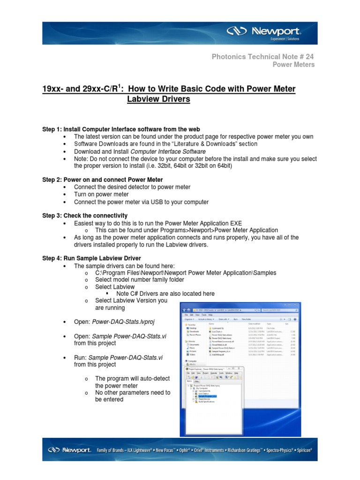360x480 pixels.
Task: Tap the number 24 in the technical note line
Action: pos(309,56)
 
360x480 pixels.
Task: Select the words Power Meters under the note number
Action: pos(294,65)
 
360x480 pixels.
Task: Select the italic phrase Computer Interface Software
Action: pos(168,151)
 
